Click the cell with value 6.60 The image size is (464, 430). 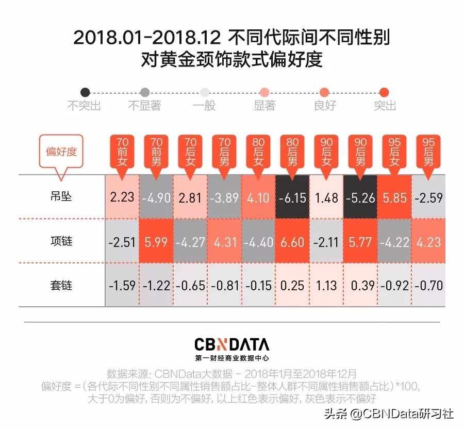click(292, 241)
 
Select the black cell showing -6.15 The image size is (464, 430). click(292, 197)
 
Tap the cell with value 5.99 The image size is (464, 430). click(156, 241)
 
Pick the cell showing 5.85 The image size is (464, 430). click(394, 197)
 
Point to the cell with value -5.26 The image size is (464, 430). click(360, 197)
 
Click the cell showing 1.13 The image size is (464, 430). click(326, 285)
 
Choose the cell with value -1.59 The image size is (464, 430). click(122, 285)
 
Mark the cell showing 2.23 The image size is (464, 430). click(122, 197)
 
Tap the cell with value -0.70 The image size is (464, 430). click(428, 285)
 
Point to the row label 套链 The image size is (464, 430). click(61, 285)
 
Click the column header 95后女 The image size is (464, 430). click(394, 152)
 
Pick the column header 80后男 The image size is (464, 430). click(292, 152)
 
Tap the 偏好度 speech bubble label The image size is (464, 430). click(61, 152)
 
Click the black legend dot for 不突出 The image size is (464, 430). click(85, 92)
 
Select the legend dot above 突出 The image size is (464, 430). click(384, 92)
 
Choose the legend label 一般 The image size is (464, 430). click(204, 106)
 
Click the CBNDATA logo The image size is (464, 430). click(231, 344)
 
